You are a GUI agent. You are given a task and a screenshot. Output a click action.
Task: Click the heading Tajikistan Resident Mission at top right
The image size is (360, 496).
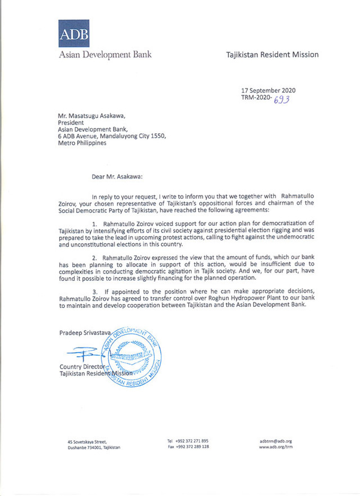click(272, 55)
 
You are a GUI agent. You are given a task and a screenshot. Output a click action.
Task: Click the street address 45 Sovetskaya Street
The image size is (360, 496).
click(88, 442)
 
